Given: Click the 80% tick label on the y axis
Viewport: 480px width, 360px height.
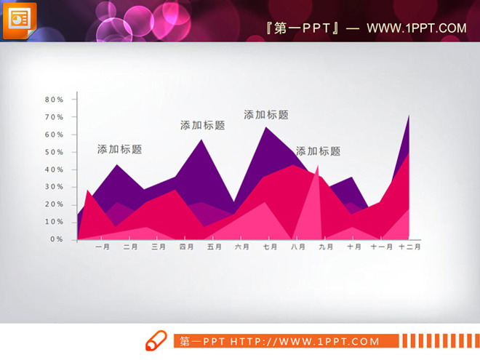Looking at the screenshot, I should [x=55, y=100].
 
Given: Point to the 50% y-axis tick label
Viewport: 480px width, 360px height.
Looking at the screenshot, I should [x=55, y=152].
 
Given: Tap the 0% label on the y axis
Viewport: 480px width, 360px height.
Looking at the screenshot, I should [x=57, y=239].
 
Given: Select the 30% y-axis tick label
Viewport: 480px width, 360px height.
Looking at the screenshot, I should [x=55, y=187].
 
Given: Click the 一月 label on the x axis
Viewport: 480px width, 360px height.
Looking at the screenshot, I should [x=103, y=247].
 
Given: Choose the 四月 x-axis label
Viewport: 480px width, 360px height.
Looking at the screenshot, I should [x=187, y=247].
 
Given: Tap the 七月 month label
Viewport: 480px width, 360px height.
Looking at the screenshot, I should [x=270, y=247].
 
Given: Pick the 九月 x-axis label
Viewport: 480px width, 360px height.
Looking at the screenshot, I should [x=326, y=247].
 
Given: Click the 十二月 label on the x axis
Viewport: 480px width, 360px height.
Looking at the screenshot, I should [x=410, y=247].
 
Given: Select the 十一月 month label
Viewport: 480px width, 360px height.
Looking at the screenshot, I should [x=382, y=247].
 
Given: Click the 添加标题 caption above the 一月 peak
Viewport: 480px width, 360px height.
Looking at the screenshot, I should [x=120, y=149].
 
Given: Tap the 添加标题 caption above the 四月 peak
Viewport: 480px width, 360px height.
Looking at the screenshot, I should [x=203, y=125].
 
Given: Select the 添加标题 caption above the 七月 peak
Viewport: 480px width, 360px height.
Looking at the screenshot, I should [x=266, y=114].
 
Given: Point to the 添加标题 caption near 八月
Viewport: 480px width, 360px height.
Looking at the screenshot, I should [x=318, y=151].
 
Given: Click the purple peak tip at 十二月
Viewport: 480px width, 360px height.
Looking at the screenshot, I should [x=409, y=115].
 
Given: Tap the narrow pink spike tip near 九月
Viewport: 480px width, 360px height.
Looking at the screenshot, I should [x=318, y=166].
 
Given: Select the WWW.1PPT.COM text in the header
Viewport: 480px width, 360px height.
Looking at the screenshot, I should [x=416, y=28].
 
